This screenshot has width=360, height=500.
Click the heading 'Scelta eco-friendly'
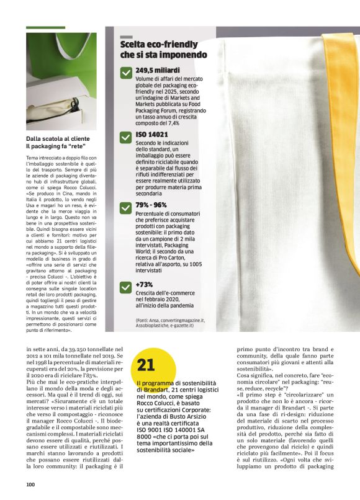[x=159, y=45]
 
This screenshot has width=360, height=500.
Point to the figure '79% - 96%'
[x=151, y=205]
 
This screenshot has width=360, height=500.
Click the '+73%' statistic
[x=145, y=285]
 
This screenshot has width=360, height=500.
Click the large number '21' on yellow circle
[x=146, y=365]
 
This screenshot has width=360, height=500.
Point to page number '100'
[x=30, y=484]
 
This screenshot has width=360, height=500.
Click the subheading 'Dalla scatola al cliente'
[x=58, y=138]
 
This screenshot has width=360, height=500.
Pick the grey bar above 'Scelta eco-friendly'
[x=126, y=37]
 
